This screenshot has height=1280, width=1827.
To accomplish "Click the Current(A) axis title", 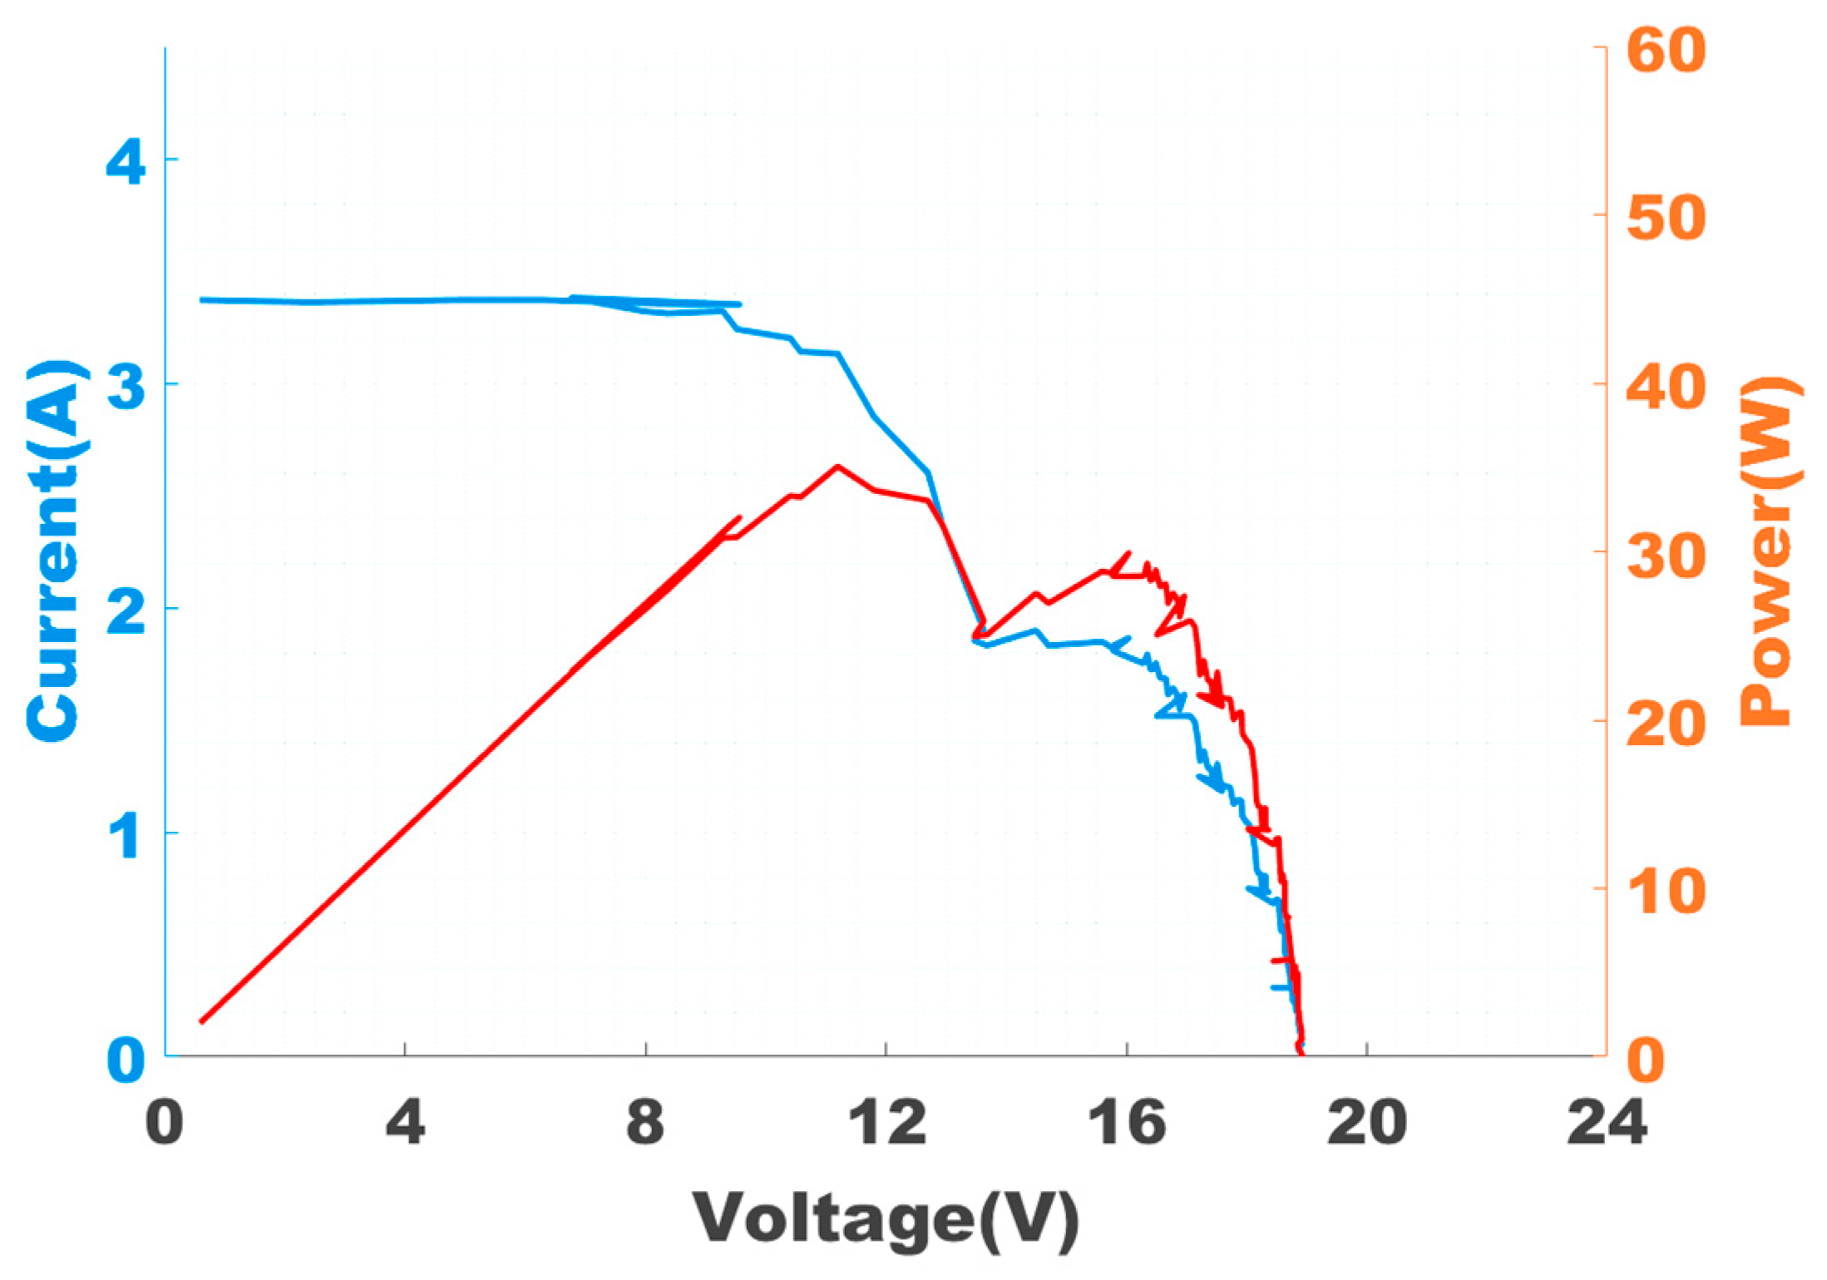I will pyautogui.click(x=55, y=551).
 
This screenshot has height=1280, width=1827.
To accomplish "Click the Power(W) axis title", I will pyautogui.click(x=1770, y=551).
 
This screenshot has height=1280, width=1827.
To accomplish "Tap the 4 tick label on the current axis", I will pyautogui.click(x=126, y=161).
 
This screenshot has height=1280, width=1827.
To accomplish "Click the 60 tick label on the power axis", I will pyautogui.click(x=1666, y=50).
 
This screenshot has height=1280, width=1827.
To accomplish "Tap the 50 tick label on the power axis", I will pyautogui.click(x=1666, y=218).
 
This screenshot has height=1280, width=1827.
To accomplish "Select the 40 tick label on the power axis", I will pyautogui.click(x=1666, y=386).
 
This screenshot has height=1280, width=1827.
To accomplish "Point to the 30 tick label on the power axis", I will pyautogui.click(x=1666, y=554).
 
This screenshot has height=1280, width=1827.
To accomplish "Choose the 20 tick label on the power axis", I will pyautogui.click(x=1666, y=722).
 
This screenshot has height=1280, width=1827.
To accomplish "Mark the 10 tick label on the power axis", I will pyautogui.click(x=1666, y=891).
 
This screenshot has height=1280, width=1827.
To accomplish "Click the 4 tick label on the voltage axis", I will pyautogui.click(x=405, y=1122).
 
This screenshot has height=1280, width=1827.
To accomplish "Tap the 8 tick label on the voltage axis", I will pyautogui.click(x=646, y=1122).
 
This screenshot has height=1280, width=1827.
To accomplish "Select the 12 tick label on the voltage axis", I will pyautogui.click(x=886, y=1122).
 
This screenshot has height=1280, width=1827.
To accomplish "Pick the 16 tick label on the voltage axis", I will pyautogui.click(x=1127, y=1122).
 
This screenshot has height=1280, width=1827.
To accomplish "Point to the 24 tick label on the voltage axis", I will pyautogui.click(x=1607, y=1122).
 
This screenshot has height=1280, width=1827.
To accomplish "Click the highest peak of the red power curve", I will pyautogui.click(x=837, y=467).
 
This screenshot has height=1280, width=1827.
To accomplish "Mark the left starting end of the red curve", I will pyautogui.click(x=201, y=1021).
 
